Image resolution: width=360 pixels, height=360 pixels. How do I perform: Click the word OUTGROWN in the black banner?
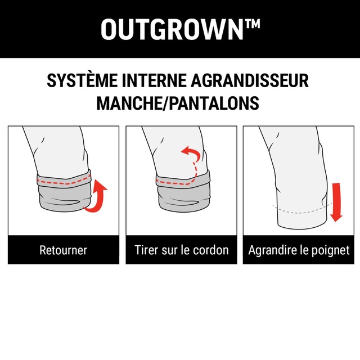click(x=172, y=29)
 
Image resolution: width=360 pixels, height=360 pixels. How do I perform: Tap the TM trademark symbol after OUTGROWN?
click(x=253, y=24)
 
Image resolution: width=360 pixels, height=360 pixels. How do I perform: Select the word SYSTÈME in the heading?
click(x=82, y=80)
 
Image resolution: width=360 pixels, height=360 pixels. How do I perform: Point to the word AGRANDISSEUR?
click(x=250, y=80)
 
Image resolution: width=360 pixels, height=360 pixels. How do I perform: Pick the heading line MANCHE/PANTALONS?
click(x=178, y=103)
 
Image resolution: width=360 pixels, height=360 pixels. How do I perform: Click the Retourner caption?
click(x=64, y=250)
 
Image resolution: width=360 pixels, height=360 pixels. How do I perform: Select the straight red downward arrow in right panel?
click(x=336, y=202)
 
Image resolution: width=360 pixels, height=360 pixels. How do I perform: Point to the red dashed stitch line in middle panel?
click(x=176, y=182)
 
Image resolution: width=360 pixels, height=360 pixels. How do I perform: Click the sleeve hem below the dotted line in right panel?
click(x=302, y=220)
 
